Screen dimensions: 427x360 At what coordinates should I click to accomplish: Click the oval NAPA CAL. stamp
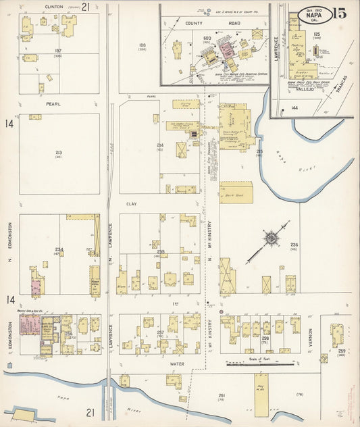pos(314,14)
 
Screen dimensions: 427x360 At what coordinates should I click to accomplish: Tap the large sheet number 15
pos(340,13)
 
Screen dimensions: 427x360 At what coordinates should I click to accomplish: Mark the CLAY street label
pos(130,203)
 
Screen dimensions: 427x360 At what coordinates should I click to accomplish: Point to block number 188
pos(143,45)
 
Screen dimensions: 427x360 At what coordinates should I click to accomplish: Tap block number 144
pos(294,108)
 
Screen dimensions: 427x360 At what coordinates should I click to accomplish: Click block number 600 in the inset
pos(207,38)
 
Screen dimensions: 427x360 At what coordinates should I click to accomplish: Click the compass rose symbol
pos(270,238)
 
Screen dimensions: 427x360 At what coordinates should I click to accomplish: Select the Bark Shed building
pos(236,193)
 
